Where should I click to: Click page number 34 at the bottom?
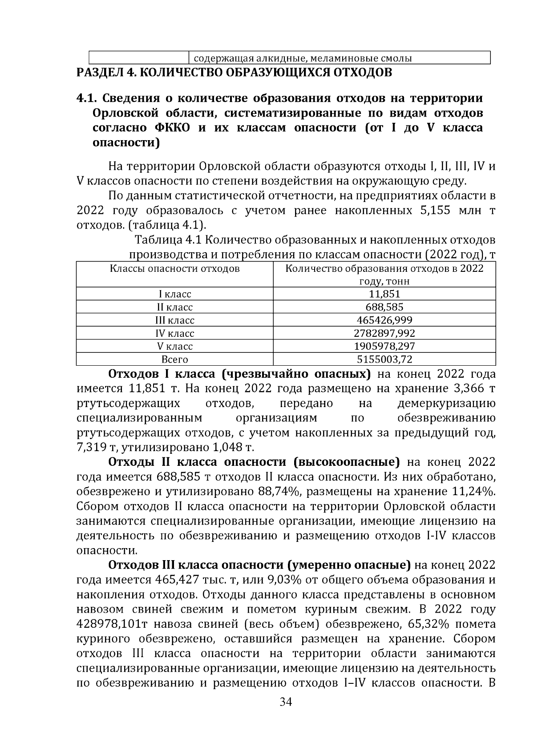point(285,702)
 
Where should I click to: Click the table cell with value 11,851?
point(384,294)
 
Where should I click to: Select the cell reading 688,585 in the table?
point(384,307)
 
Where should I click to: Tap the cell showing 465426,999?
point(384,320)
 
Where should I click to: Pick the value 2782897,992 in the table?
point(384,333)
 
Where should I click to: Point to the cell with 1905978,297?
point(384,346)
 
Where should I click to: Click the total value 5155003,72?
point(384,359)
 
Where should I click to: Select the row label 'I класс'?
point(174,294)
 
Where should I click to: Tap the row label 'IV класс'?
point(174,333)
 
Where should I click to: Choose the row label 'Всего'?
point(174,359)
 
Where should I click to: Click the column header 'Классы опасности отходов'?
point(174,269)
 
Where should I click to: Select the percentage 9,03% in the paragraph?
point(282,580)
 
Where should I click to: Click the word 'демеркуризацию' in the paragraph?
point(446,404)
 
